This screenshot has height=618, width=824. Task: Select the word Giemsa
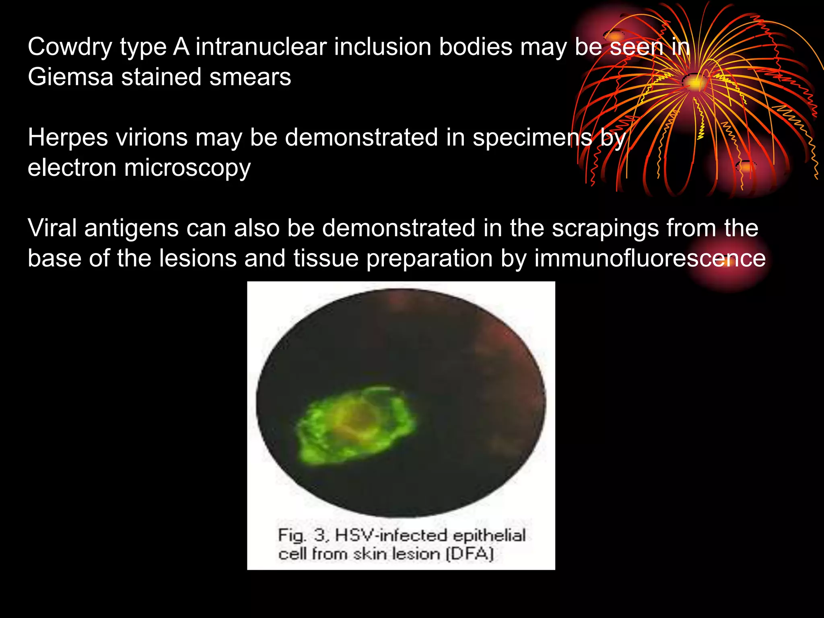pyautogui.click(x=70, y=77)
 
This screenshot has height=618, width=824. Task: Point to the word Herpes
pyautogui.click(x=68, y=138)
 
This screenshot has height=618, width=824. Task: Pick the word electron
pyautogui.click(x=72, y=168)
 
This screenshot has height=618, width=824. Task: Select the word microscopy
pyautogui.click(x=187, y=169)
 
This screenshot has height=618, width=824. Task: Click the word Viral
pyautogui.click(x=52, y=228)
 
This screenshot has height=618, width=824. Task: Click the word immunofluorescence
pyautogui.click(x=650, y=258)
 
